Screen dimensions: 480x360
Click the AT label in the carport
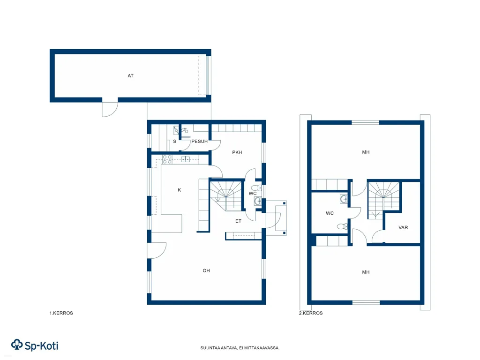(x=130, y=75)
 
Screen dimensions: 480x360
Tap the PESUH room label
(x=199, y=142)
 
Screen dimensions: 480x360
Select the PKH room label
(x=237, y=152)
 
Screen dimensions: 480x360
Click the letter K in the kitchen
(x=180, y=190)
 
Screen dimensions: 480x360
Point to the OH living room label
(x=206, y=270)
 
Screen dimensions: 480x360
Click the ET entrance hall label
(x=238, y=221)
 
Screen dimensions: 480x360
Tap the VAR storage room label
(x=403, y=227)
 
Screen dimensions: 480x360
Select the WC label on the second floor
(x=330, y=213)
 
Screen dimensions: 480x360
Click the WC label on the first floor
(x=253, y=194)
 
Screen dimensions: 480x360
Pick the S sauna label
(x=174, y=142)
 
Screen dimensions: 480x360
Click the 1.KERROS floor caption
(x=61, y=313)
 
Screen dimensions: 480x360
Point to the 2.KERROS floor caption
(x=311, y=313)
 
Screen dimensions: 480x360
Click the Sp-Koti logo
(x=35, y=345)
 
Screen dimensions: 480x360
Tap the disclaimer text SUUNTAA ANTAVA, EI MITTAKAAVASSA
(x=240, y=348)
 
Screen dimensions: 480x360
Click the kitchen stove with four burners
(x=167, y=159)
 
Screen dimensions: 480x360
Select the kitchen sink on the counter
(x=185, y=159)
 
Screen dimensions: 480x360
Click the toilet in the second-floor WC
(x=342, y=226)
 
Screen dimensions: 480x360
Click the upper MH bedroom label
(x=366, y=152)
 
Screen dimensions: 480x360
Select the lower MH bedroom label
(x=366, y=272)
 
